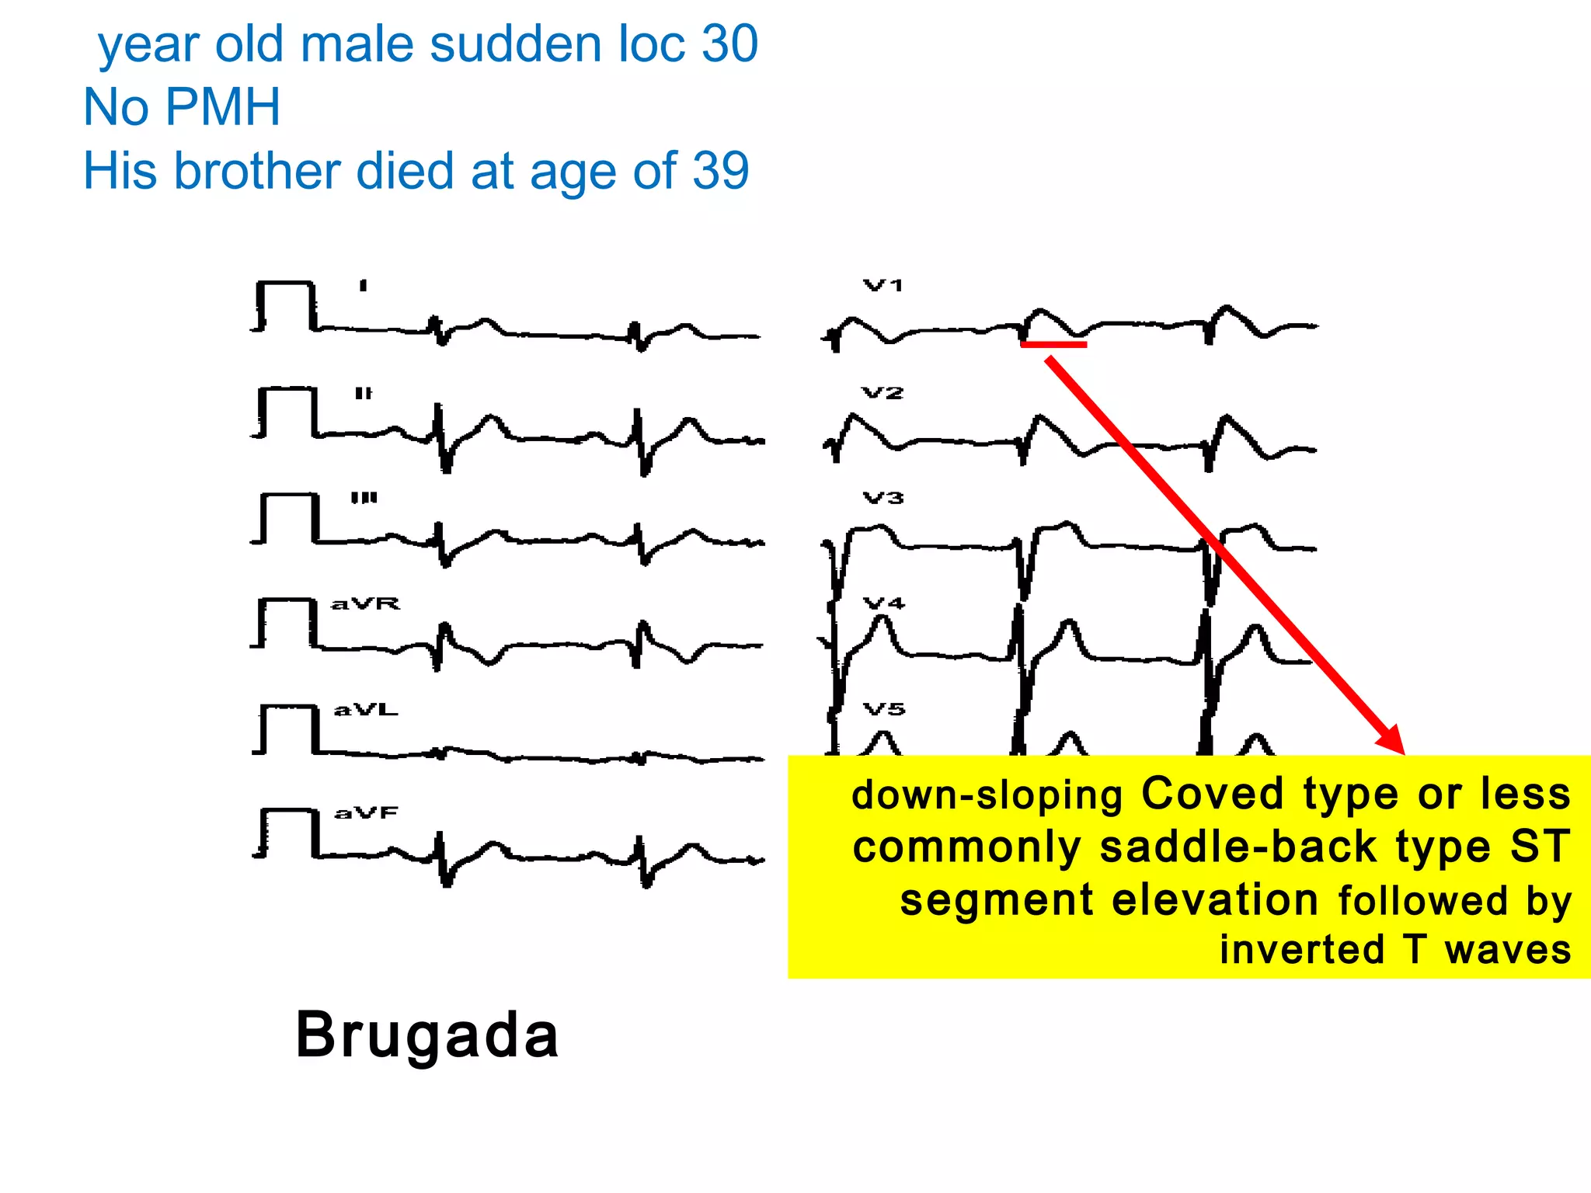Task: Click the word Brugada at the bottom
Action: (x=427, y=1035)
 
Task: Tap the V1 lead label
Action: (x=883, y=286)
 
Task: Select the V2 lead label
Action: (x=883, y=393)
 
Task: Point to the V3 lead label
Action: (x=883, y=498)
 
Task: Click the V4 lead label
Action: (x=884, y=603)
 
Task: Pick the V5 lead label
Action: (x=884, y=709)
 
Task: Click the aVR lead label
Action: (x=365, y=603)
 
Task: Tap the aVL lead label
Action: (x=365, y=710)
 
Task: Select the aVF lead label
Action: (x=366, y=813)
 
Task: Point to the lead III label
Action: (x=364, y=498)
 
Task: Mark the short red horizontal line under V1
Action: (x=1053, y=344)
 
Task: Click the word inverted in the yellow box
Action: (x=1302, y=950)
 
